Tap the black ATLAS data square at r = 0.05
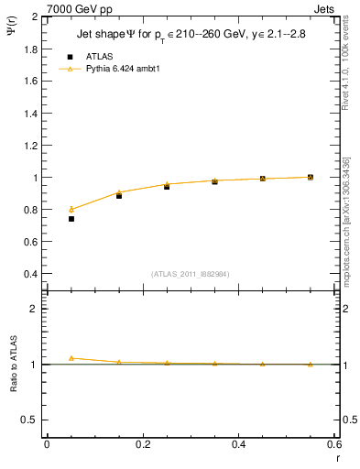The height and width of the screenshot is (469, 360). (71, 219)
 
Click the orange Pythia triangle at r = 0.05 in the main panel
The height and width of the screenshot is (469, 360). (71, 209)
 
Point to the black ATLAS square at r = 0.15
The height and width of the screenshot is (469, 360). (119, 196)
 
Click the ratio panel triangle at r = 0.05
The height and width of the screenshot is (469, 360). (71, 358)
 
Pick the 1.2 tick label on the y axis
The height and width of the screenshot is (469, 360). (31, 145)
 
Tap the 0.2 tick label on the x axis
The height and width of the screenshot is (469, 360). (142, 444)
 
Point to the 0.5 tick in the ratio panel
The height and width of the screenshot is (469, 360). (32, 420)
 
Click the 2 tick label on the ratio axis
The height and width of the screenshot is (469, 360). (36, 309)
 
